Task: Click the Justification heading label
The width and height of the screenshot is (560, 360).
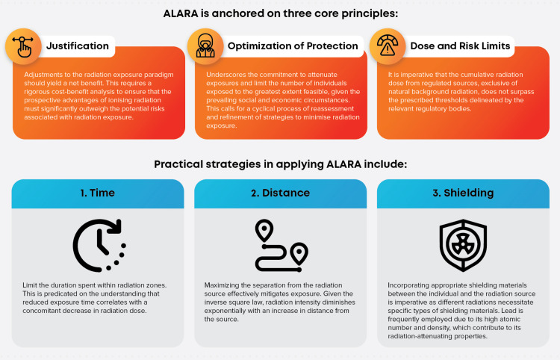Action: click(x=78, y=46)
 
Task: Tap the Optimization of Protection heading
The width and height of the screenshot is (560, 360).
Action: click(x=293, y=46)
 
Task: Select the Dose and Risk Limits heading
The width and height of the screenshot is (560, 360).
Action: click(x=460, y=46)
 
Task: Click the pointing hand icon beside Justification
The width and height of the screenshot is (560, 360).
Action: click(x=23, y=46)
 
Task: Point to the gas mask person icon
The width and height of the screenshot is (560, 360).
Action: click(x=205, y=46)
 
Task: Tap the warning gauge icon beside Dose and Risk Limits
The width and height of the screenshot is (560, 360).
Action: click(x=388, y=46)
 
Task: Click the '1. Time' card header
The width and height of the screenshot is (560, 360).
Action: click(x=98, y=193)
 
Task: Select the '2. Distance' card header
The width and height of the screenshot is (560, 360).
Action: click(x=280, y=193)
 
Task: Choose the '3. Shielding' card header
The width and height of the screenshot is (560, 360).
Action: click(x=463, y=193)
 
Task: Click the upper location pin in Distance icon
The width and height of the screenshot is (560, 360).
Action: click(x=264, y=230)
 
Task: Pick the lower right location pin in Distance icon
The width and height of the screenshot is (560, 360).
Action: click(x=299, y=254)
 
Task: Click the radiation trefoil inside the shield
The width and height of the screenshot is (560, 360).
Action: click(x=463, y=245)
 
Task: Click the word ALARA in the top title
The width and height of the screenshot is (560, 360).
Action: click(x=181, y=13)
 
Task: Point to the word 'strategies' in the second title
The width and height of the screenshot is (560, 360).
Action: click(x=233, y=164)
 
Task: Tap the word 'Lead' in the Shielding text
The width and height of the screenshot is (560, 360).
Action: click(x=516, y=311)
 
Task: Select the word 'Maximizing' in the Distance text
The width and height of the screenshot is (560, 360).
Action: click(x=222, y=285)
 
